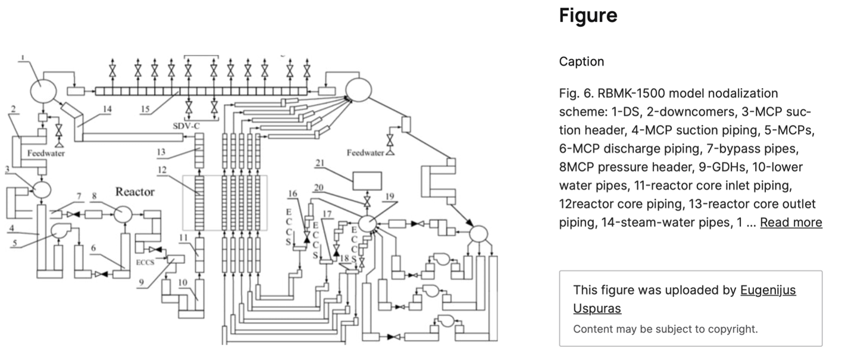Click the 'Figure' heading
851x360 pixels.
(588, 15)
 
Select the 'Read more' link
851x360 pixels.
(791, 222)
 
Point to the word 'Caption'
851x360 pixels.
(581, 61)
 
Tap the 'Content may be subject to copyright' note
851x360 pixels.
(665, 328)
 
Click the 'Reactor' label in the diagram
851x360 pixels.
(135, 192)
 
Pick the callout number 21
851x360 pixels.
(320, 162)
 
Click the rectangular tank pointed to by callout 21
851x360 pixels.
(368, 180)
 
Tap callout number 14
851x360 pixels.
(107, 109)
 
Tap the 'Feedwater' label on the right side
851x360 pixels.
(365, 153)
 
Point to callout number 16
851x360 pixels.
(292, 193)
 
